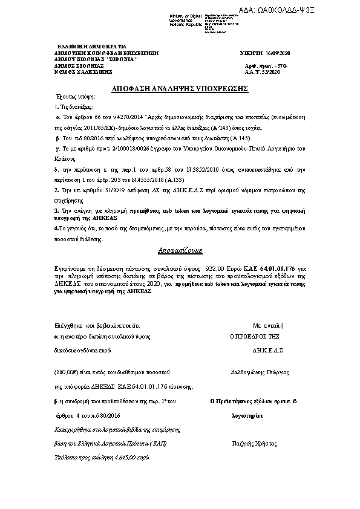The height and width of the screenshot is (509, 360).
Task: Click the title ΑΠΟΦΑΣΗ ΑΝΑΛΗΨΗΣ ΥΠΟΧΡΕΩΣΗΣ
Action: [180, 89]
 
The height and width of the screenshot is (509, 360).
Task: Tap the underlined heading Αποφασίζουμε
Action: [180, 250]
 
